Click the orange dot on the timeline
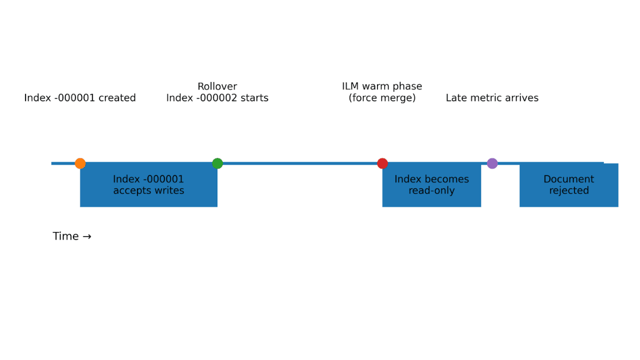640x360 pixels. [80, 163]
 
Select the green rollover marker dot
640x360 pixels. [217, 163]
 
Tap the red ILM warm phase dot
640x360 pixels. [382, 163]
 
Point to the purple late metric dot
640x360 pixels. [492, 163]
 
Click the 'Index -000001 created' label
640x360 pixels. [80, 98]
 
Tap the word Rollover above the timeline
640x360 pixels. [217, 86]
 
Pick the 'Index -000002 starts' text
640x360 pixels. [217, 98]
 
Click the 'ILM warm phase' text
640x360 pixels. [382, 86]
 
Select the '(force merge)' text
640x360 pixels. [382, 98]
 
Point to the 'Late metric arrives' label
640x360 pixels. [492, 98]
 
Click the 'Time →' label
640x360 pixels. [72, 236]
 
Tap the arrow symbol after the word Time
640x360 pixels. [87, 236]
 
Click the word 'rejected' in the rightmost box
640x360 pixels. [568, 191]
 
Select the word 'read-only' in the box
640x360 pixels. [431, 191]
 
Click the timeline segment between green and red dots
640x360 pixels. [300, 163]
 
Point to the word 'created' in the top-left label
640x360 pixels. [117, 98]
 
